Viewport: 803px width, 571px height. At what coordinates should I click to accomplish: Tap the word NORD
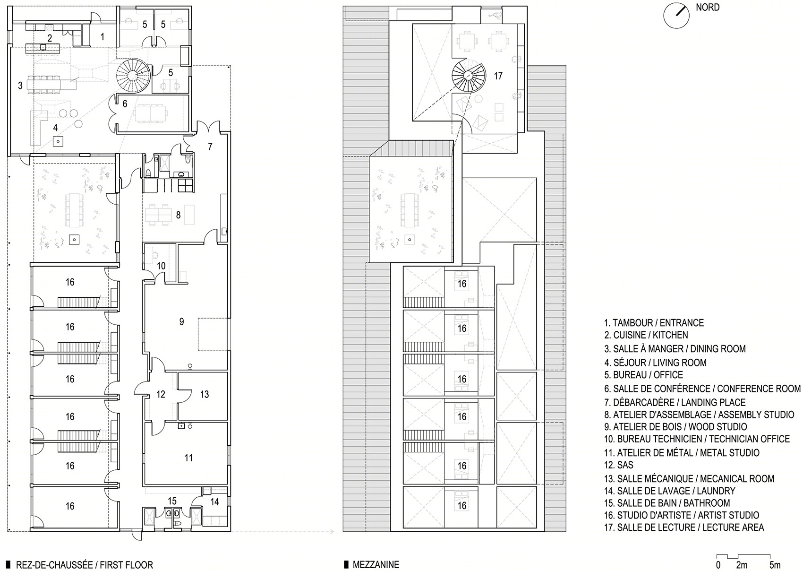pyautogui.click(x=708, y=7)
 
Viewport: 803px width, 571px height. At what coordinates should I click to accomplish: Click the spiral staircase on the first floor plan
pyautogui.click(x=132, y=76)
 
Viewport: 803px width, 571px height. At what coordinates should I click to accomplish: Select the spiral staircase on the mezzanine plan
pyautogui.click(x=468, y=76)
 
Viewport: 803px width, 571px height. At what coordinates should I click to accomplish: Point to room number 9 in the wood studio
pyautogui.click(x=182, y=321)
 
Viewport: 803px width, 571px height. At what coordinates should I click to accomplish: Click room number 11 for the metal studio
pyautogui.click(x=188, y=458)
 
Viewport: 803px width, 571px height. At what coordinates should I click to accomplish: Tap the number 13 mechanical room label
pyautogui.click(x=205, y=395)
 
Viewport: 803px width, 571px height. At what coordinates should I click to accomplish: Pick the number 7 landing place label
pyautogui.click(x=210, y=147)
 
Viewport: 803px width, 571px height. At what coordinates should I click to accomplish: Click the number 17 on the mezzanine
pyautogui.click(x=498, y=76)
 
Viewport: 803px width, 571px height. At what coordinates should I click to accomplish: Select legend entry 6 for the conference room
pyautogui.click(x=702, y=389)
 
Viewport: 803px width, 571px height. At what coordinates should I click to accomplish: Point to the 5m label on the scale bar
pyautogui.click(x=775, y=565)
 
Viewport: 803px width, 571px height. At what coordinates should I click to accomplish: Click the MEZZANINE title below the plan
pyautogui.click(x=376, y=564)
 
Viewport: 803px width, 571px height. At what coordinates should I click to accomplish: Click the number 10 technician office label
pyautogui.click(x=162, y=266)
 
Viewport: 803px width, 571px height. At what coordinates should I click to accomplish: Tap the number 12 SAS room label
pyautogui.click(x=161, y=394)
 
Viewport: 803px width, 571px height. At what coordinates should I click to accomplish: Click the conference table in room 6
pyautogui.click(x=150, y=113)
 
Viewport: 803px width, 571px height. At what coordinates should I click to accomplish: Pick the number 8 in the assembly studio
pyautogui.click(x=178, y=215)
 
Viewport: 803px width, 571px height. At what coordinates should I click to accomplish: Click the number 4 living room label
pyautogui.click(x=55, y=127)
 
